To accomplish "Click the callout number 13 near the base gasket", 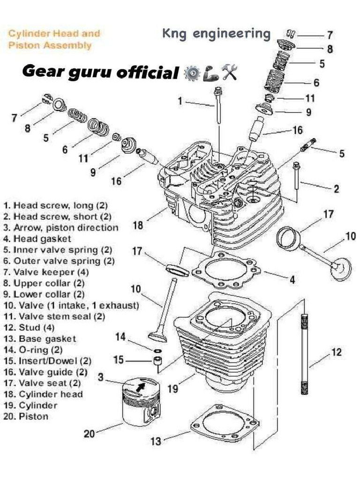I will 156,441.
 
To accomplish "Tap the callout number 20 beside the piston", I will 90,434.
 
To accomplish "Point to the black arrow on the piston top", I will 140,387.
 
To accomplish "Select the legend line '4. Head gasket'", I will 37,239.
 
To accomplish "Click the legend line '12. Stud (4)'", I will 28,327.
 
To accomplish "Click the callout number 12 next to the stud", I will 336,352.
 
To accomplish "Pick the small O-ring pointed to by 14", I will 158,350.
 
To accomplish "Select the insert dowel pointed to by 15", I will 158,361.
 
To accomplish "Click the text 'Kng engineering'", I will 216,34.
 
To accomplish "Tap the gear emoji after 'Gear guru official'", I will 191,73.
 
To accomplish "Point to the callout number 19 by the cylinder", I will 173,389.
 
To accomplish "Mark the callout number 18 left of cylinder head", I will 138,225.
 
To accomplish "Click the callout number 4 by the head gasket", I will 292,280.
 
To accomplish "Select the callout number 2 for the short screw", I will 336,189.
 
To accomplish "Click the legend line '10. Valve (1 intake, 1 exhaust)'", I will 71,305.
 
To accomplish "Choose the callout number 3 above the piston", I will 101,377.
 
